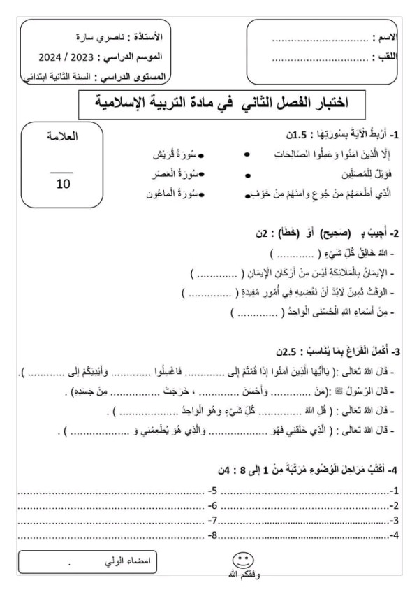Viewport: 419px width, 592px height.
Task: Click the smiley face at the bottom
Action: click(x=242, y=561)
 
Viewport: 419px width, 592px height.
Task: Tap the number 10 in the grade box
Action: click(x=63, y=183)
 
